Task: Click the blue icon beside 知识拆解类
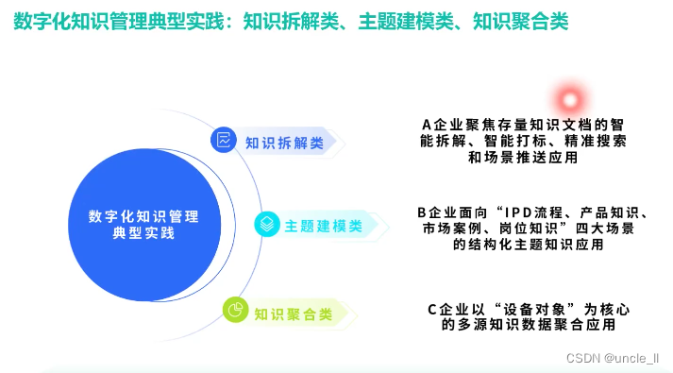(223, 140)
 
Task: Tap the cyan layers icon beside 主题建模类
(267, 224)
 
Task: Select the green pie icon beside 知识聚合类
(235, 310)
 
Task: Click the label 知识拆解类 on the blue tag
(284, 143)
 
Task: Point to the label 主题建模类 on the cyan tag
(324, 227)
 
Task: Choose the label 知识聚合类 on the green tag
(294, 314)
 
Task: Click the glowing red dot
(570, 100)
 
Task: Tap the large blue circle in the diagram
(144, 225)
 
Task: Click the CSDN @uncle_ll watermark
(613, 358)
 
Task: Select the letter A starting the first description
(427, 125)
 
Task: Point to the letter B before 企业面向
(422, 212)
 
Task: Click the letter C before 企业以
(432, 310)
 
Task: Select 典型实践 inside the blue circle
(143, 233)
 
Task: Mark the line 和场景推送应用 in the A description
(523, 158)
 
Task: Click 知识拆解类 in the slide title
(291, 21)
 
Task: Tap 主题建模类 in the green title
(406, 21)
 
